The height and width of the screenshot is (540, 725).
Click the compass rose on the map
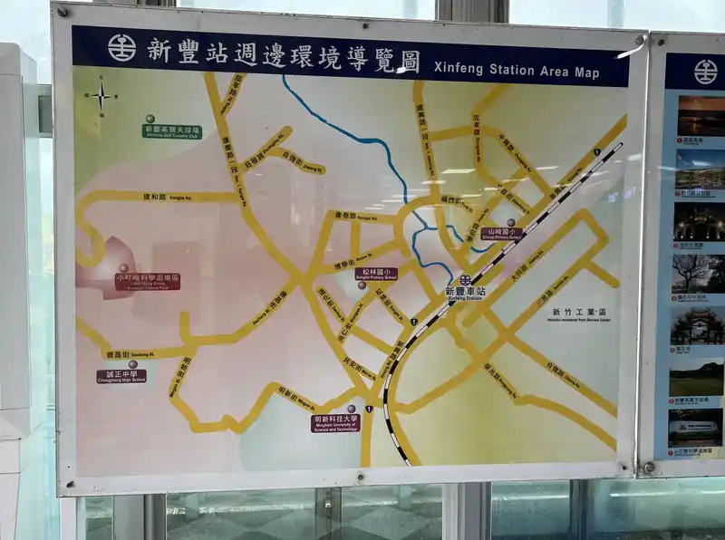[101, 96]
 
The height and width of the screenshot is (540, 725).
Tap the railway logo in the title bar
[121, 48]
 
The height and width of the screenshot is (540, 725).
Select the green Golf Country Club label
[171, 131]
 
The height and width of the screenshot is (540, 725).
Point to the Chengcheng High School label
[121, 376]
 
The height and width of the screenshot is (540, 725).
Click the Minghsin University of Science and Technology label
[335, 422]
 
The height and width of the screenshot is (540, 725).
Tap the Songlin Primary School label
[375, 273]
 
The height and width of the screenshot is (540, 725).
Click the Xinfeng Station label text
[465, 294]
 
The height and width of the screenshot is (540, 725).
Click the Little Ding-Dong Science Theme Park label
[147, 281]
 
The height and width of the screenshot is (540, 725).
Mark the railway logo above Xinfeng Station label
[465, 279]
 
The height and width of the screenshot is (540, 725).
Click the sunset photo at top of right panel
[701, 116]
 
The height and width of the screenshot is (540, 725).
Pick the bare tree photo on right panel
[699, 273]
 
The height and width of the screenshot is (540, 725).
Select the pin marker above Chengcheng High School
[132, 364]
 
